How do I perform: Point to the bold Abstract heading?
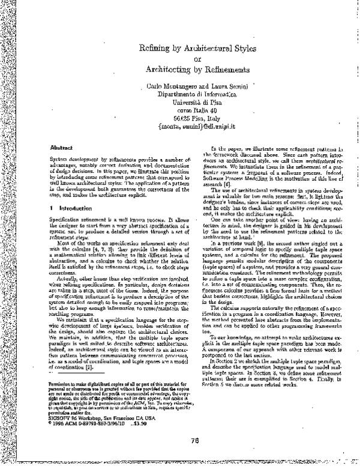tap(61, 147)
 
